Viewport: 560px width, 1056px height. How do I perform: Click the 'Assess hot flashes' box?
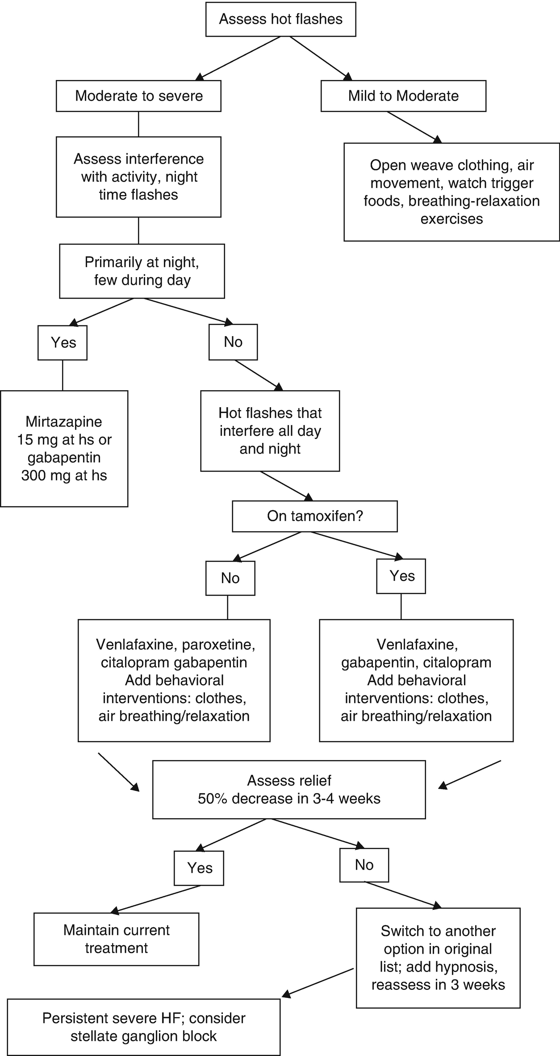pos(280,19)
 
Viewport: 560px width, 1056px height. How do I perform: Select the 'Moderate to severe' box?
pos(138,96)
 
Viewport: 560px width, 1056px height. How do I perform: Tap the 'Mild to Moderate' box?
pos(403,96)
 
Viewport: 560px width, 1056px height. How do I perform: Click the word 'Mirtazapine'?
pos(64,421)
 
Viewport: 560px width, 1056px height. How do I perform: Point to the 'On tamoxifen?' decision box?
pos(315,516)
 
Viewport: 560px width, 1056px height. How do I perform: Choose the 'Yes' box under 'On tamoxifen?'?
pos(401,576)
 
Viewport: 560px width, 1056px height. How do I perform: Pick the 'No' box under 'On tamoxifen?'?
pos(230,578)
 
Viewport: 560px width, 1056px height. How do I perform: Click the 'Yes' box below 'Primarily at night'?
pos(63,343)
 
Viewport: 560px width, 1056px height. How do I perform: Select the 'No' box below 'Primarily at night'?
pos(233,342)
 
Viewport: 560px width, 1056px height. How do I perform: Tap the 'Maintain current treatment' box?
pos(117,939)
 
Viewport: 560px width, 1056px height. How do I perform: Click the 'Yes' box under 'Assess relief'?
pos(199,868)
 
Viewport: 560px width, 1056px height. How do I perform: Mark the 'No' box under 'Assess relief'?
pos(364,865)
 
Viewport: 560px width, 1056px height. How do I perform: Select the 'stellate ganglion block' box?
pos(144,1027)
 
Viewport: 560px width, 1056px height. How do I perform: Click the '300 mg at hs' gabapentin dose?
pos(64,475)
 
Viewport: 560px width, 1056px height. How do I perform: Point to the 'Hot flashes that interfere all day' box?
pos(270,431)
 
